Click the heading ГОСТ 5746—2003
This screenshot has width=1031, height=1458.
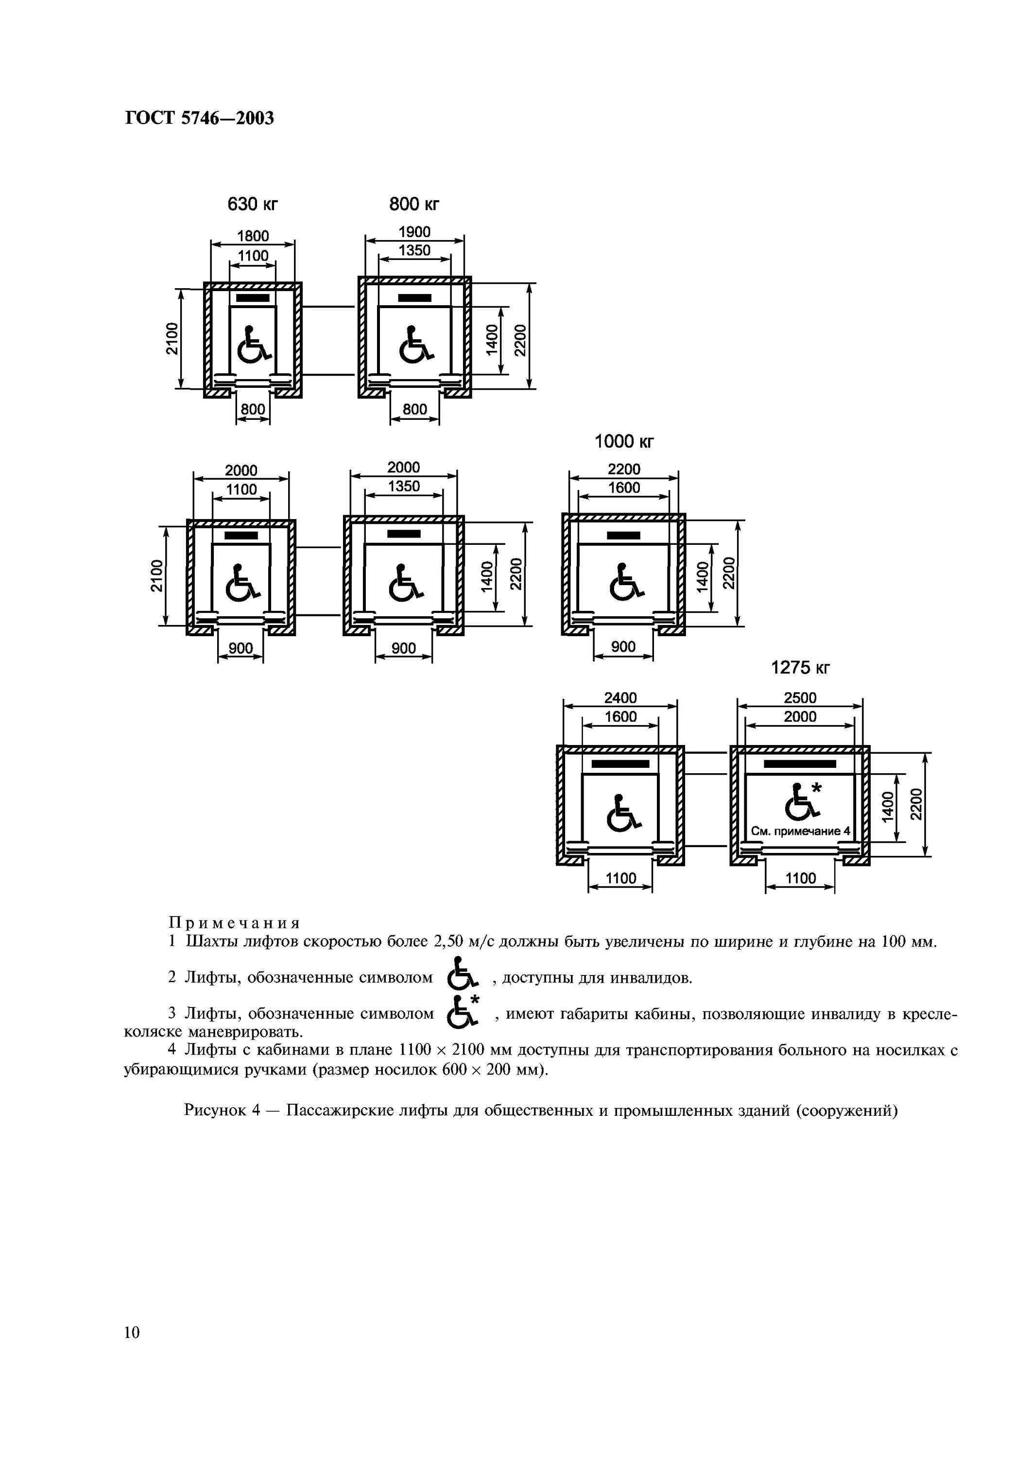pyautogui.click(x=199, y=118)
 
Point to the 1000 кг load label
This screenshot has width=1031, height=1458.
pyautogui.click(x=623, y=441)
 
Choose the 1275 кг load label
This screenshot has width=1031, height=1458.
pyautogui.click(x=800, y=667)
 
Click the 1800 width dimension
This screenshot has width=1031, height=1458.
pyautogui.click(x=253, y=236)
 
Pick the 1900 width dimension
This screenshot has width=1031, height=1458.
pyautogui.click(x=414, y=232)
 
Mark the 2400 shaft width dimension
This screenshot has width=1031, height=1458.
pyautogui.click(x=620, y=697)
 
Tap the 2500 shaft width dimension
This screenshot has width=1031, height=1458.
pyautogui.click(x=800, y=697)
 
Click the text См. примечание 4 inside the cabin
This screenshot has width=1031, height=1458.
pyautogui.click(x=800, y=831)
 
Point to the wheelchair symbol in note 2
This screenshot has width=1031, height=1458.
pyautogui.click(x=462, y=977)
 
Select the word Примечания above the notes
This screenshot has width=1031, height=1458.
pyautogui.click(x=234, y=922)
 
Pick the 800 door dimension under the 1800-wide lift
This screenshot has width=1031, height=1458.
pyautogui.click(x=253, y=409)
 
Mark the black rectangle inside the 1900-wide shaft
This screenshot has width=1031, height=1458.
pyautogui.click(x=414, y=298)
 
